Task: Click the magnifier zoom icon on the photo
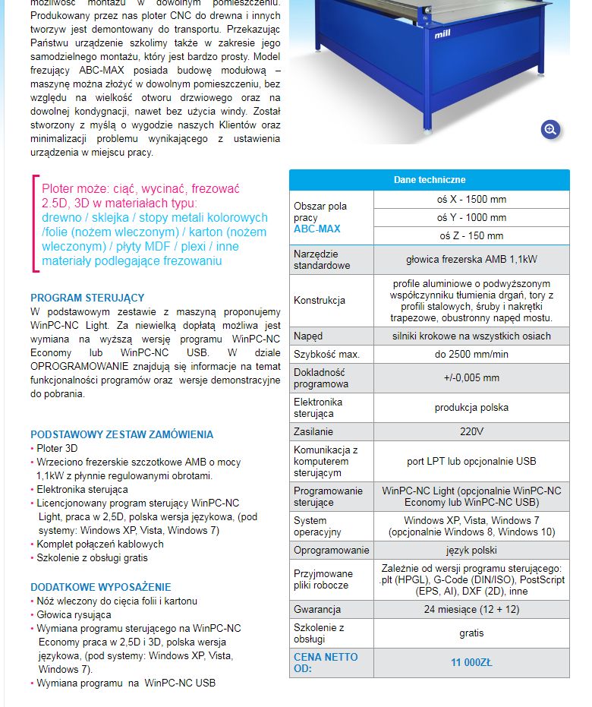point(551,129)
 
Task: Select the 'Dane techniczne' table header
point(429,180)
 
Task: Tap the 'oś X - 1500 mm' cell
point(471,200)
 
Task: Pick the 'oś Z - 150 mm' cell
point(471,235)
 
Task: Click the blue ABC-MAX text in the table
point(316,229)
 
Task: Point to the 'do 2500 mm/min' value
point(471,354)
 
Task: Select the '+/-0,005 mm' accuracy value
point(471,377)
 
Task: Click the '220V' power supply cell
point(471,431)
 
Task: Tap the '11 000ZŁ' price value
point(471,662)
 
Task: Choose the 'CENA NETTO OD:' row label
point(326,662)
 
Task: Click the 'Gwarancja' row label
point(317,609)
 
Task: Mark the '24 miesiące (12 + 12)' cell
point(471,609)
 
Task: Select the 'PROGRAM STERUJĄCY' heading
point(87,298)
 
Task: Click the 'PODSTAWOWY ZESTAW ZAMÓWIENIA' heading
point(121,434)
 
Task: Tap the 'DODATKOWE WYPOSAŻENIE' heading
point(100,587)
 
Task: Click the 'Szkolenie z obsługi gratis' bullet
point(92,557)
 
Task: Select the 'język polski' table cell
point(471,550)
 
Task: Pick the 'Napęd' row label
point(308,336)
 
